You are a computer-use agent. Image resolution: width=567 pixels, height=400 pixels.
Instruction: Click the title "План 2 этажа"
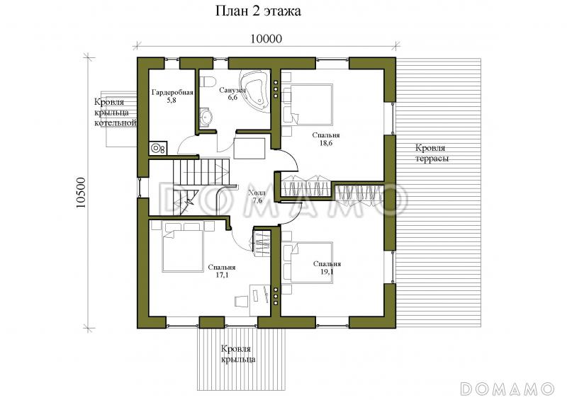point(258,11)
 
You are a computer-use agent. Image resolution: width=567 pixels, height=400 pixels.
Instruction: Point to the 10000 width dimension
point(266,39)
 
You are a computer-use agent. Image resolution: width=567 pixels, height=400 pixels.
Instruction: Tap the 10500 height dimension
point(81,193)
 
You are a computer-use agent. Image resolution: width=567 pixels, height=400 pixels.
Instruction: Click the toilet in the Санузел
point(208,81)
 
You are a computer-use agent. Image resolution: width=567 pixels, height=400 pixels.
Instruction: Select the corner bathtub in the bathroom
point(255,90)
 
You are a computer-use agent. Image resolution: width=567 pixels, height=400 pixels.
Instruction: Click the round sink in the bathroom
point(207,117)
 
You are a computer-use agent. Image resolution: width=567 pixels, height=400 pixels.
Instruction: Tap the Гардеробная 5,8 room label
point(172,96)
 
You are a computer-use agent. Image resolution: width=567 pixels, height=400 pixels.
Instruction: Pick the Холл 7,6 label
point(257,197)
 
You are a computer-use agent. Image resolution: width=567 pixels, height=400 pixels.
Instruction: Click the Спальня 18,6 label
point(326,139)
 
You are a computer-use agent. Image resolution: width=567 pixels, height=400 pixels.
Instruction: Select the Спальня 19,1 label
point(327,268)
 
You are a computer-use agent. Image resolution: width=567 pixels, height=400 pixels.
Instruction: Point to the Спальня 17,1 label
point(222,271)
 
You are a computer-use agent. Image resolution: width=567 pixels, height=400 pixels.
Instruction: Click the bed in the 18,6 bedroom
point(308,105)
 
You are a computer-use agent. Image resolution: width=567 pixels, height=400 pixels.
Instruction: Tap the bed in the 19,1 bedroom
point(308,263)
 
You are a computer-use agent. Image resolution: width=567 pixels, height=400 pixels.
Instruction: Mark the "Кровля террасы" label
point(432,153)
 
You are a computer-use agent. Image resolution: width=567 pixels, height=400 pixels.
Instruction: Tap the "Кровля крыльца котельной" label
point(115,113)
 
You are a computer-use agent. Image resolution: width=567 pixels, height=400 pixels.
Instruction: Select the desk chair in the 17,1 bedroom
point(240,301)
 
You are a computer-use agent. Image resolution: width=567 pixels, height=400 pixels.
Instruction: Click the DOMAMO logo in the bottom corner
point(507,389)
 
